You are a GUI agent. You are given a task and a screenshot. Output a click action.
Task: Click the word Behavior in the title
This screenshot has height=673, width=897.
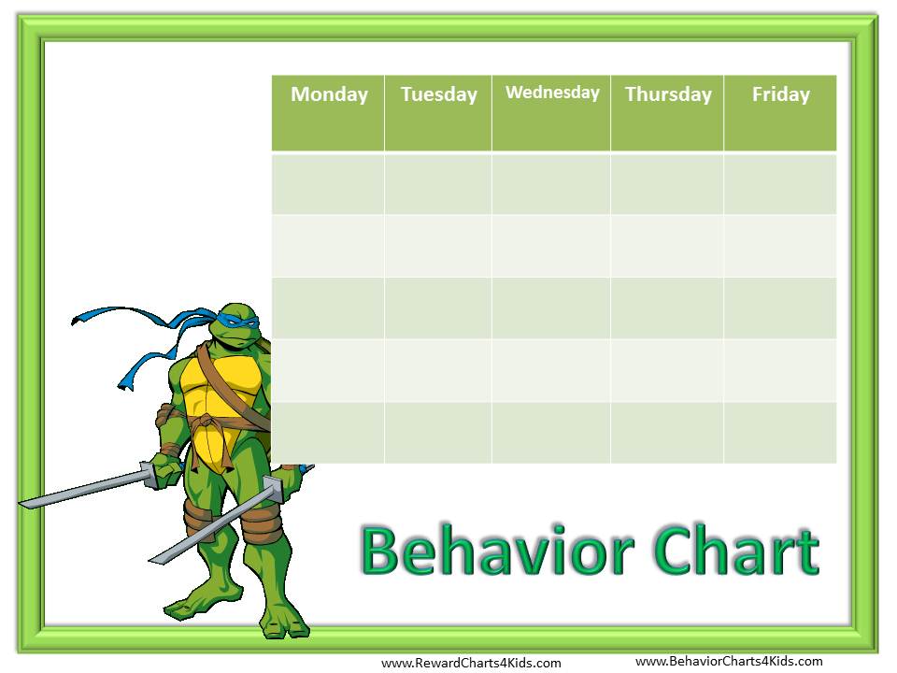(498, 550)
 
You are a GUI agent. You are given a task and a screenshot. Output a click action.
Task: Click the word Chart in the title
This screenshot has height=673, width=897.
(737, 550)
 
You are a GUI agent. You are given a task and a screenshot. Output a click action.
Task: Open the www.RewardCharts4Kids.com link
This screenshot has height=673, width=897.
(471, 663)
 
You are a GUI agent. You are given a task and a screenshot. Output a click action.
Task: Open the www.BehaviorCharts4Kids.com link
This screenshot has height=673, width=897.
(729, 662)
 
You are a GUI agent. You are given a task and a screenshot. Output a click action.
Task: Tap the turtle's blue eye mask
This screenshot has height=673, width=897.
(235, 320)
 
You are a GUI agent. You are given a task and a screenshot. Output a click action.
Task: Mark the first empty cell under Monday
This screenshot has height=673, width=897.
(328, 184)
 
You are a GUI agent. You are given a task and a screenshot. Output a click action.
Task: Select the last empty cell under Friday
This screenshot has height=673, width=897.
(780, 433)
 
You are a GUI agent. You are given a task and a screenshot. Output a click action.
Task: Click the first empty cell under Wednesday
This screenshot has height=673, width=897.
(551, 184)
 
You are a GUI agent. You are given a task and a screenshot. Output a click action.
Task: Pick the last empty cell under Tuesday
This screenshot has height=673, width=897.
(438, 433)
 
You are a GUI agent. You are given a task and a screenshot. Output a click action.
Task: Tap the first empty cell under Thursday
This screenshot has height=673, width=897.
(667, 184)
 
